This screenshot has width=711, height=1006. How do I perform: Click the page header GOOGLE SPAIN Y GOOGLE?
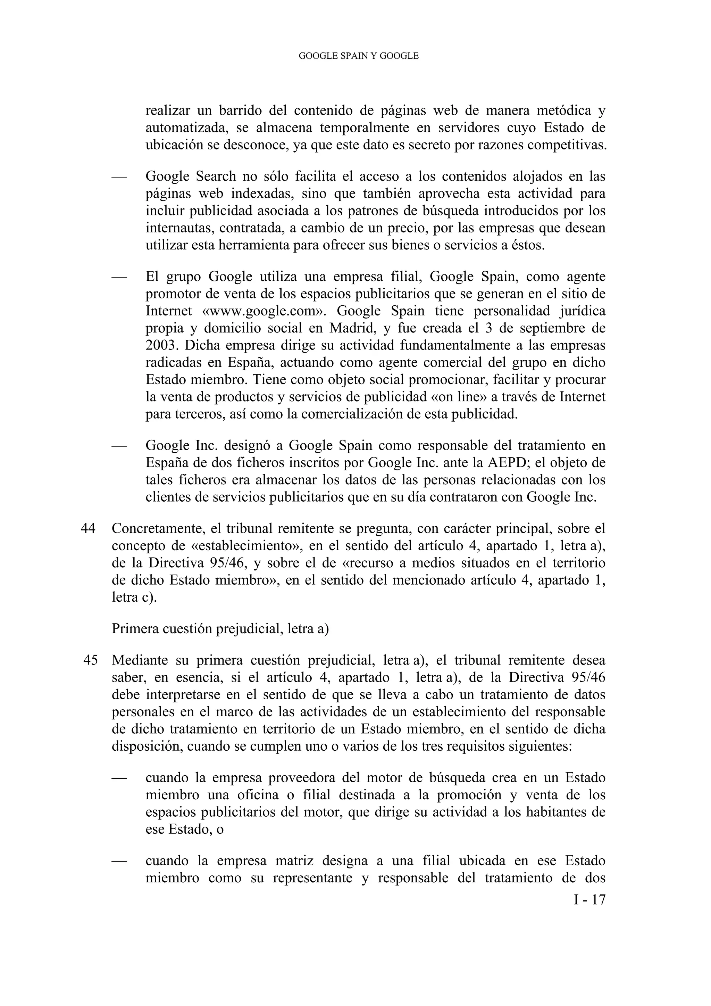click(x=358, y=56)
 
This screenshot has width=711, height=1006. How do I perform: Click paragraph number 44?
click(x=87, y=529)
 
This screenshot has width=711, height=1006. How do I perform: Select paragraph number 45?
click(x=90, y=660)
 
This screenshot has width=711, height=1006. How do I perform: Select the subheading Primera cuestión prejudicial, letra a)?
click(x=220, y=629)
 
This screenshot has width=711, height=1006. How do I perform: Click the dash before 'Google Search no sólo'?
click(x=119, y=176)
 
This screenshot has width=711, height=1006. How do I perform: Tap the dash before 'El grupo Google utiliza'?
click(x=119, y=277)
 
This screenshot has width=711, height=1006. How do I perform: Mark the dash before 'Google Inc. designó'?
click(x=119, y=446)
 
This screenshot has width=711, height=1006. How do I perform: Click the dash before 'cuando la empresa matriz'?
click(x=119, y=861)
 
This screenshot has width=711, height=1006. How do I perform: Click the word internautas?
click(x=179, y=228)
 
